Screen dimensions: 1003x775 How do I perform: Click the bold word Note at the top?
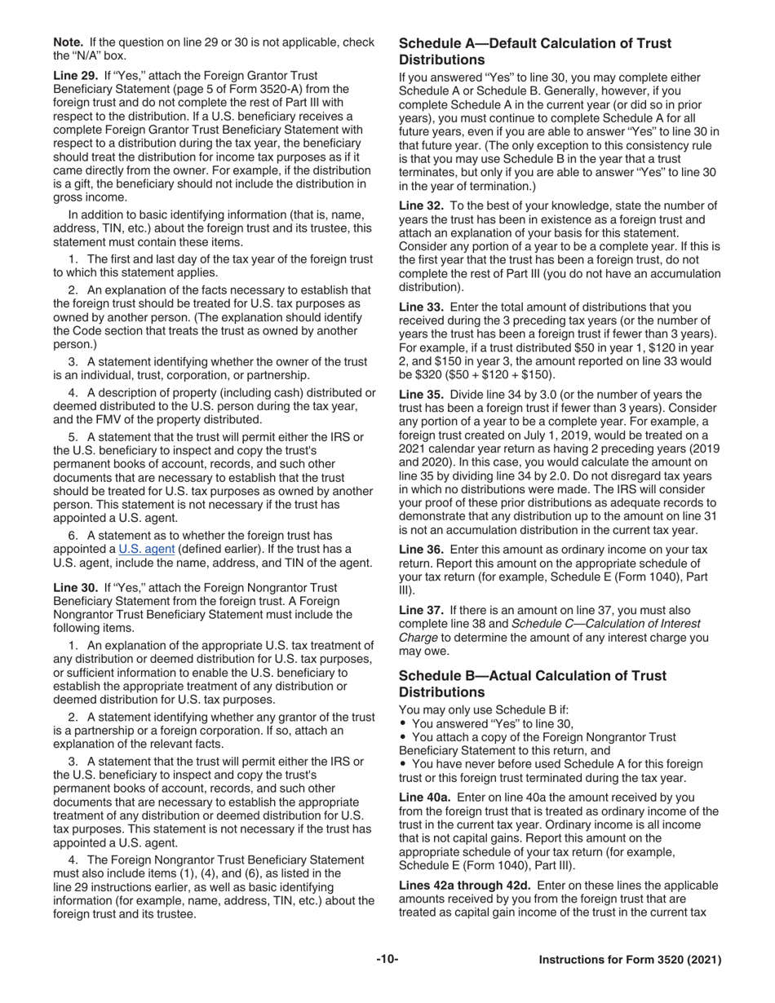[x=69, y=42]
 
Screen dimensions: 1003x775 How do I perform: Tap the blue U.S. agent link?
[x=146, y=548]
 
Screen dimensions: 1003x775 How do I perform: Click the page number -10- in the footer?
[x=387, y=960]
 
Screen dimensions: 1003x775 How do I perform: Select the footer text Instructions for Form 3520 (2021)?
[x=630, y=961]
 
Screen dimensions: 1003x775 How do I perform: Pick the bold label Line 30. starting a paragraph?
[x=74, y=587]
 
